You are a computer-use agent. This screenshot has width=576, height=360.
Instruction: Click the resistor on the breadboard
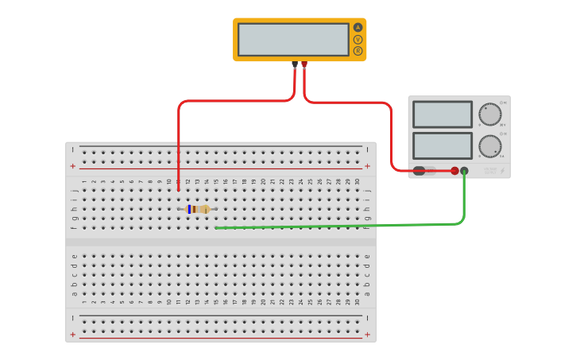coord(197,209)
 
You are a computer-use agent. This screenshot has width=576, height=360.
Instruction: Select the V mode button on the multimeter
coord(358,39)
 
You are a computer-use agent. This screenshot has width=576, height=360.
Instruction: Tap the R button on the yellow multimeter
coord(358,51)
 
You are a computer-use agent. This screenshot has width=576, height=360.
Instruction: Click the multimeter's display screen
coord(293,39)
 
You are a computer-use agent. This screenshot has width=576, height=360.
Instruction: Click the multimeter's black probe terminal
coord(295,64)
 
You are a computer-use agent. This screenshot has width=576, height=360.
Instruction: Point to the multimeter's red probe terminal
coord(304,64)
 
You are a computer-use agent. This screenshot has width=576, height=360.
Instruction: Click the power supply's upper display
coord(443,114)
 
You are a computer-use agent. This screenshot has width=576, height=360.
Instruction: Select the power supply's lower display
coord(443,145)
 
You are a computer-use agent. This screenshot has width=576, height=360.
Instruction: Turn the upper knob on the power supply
coord(490,114)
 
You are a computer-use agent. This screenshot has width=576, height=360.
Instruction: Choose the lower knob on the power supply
coord(490,146)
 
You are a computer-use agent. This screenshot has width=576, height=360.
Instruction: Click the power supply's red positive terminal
coord(455,171)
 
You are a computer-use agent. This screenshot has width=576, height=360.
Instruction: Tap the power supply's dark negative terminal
coord(465,171)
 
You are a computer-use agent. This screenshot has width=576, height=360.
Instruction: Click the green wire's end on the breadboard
coord(216,228)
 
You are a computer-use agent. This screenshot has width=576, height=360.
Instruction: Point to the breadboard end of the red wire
coord(178,190)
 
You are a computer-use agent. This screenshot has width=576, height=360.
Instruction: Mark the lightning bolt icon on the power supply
coord(501,170)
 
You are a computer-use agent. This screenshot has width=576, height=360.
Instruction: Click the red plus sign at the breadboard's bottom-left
coord(73,335)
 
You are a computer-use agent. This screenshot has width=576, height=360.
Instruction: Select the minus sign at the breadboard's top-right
coord(367,149)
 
